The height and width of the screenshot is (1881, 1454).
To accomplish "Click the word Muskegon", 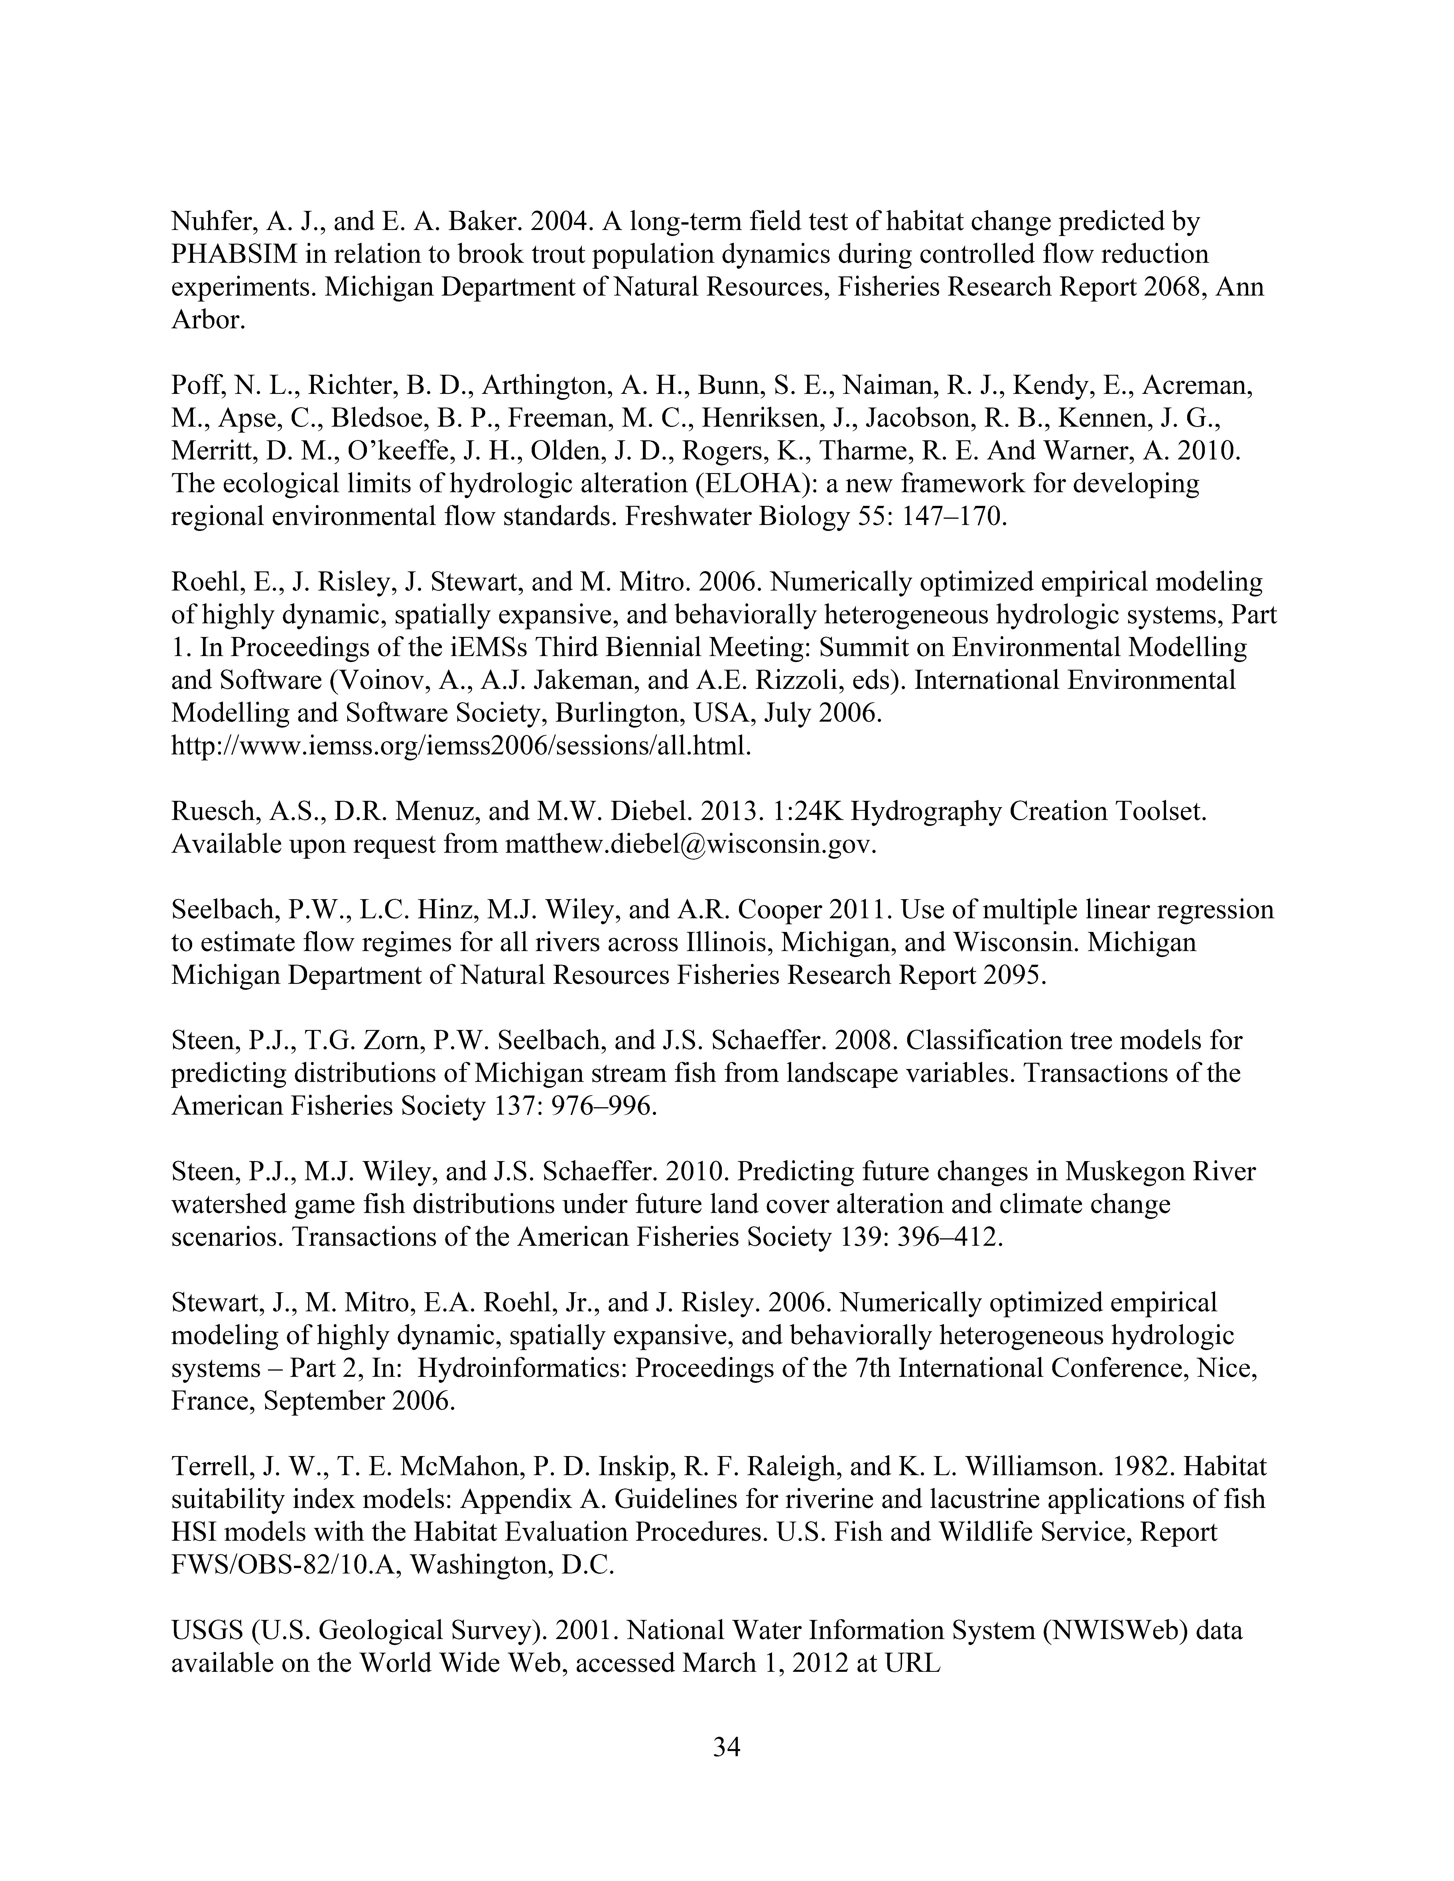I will tap(1119, 1172).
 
